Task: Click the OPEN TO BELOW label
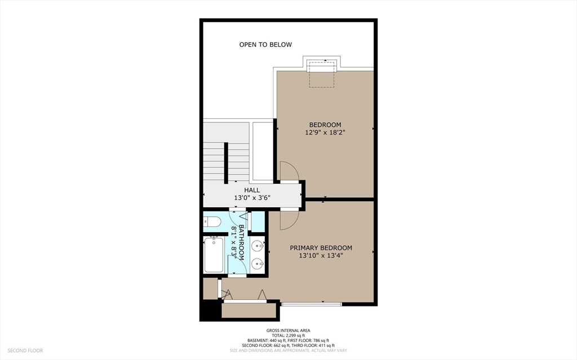(265, 45)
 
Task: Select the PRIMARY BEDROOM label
(321, 248)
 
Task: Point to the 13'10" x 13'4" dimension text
(321, 255)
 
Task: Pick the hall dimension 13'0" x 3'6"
(252, 198)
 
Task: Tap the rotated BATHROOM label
(241, 242)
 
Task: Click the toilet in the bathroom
(212, 221)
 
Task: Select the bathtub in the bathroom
(214, 255)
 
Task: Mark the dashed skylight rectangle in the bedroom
(322, 75)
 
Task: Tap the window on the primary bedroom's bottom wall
(312, 304)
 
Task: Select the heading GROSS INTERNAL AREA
(288, 331)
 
